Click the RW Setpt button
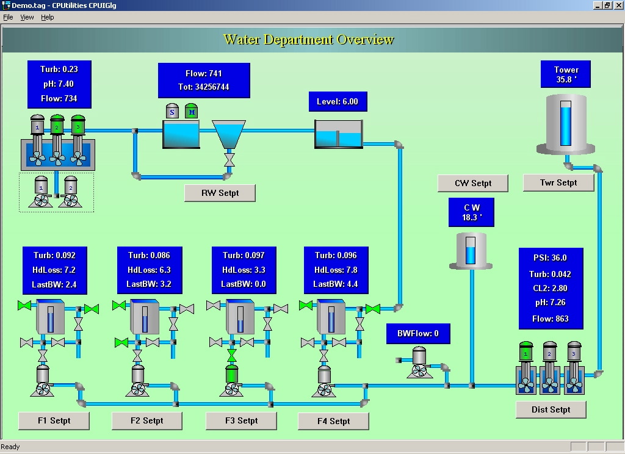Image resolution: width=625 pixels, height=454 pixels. (220, 193)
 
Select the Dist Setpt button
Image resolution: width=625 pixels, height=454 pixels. (551, 409)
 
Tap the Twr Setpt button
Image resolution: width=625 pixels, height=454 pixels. (558, 182)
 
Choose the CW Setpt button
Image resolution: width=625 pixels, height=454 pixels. (472, 183)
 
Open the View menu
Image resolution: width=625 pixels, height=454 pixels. (27, 17)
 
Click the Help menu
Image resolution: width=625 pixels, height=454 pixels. (48, 17)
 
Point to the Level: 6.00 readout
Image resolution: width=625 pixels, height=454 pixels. (337, 102)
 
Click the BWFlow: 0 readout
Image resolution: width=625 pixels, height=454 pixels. (418, 334)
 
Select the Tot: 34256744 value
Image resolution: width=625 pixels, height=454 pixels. (204, 87)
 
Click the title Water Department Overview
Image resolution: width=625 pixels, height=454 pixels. (309, 40)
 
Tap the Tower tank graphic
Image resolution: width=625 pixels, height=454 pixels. (566, 125)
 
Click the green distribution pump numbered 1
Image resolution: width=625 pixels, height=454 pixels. (526, 352)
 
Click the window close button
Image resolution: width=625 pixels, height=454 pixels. (618, 5)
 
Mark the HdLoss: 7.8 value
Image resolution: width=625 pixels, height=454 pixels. (336, 270)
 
